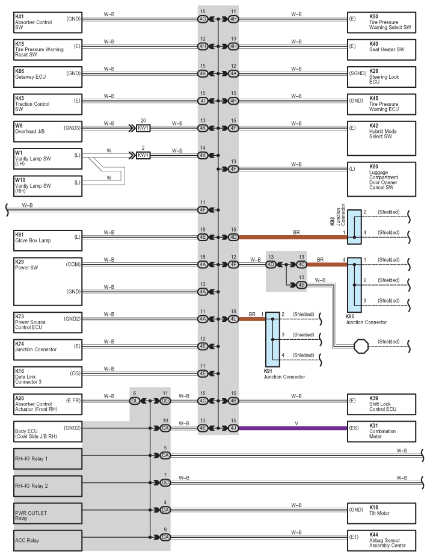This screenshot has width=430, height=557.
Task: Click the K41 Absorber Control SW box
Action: (48, 22)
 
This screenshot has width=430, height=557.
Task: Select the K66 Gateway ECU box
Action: (48, 77)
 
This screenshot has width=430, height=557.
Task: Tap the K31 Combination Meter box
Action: (381, 431)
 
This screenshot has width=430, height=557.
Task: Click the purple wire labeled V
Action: (293, 428)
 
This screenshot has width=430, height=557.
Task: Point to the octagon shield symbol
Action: (361, 346)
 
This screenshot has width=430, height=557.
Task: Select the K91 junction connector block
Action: (272, 339)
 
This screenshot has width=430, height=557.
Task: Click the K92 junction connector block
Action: (354, 227)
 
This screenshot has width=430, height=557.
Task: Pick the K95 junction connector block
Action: (354, 285)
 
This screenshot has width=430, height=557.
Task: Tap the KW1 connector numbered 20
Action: (143, 128)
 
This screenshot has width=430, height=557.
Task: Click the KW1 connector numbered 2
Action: (143, 155)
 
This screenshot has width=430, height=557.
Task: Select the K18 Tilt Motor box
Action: (381, 513)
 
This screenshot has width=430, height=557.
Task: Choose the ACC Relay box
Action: (48, 540)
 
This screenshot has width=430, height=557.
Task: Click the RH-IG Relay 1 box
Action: (48, 458)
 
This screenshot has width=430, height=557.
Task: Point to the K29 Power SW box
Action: (48, 282)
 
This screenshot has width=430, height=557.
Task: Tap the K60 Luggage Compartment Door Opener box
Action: (381, 179)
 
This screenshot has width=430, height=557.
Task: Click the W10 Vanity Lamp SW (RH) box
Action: (48, 186)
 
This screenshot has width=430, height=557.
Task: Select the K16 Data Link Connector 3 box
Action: (48, 377)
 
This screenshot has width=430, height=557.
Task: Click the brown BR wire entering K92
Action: (293, 237)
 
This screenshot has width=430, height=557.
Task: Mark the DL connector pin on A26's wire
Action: (135, 401)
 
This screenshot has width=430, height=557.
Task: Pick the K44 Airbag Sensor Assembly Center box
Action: (381, 540)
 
